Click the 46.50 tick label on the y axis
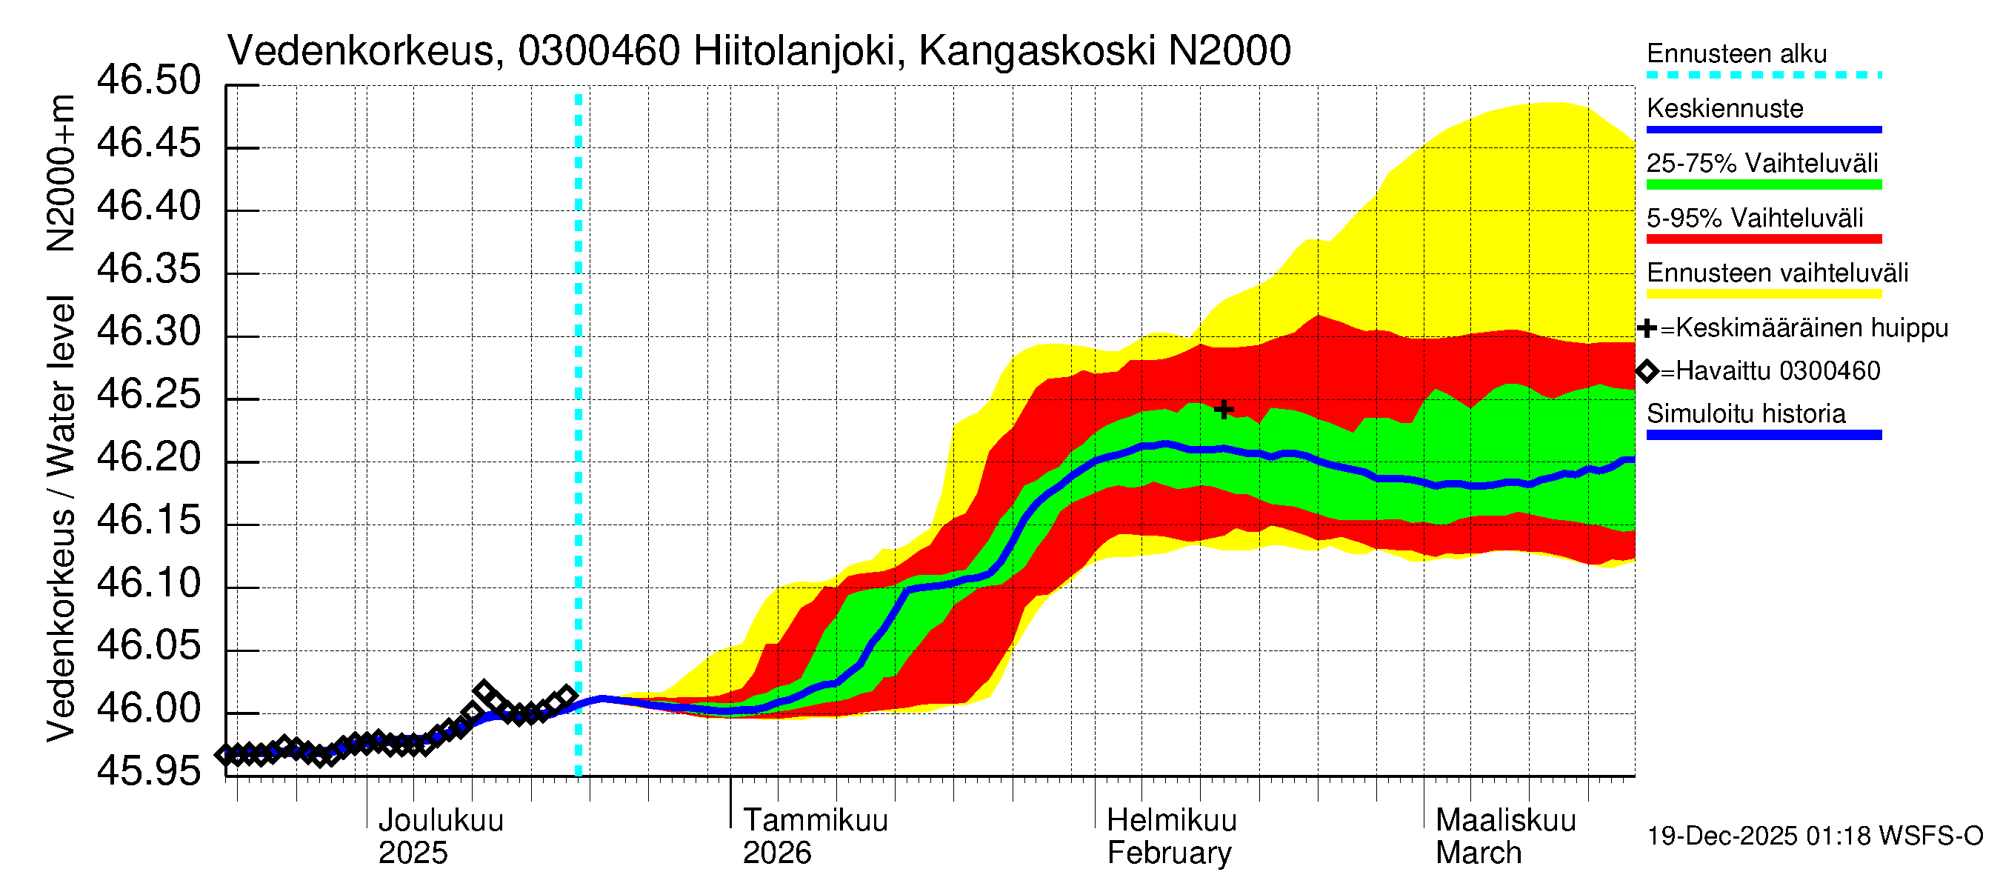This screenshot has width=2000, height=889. pos(148,81)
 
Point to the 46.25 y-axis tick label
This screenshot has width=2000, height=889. pos(148,395)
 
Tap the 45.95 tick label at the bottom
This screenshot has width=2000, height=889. pos(148,772)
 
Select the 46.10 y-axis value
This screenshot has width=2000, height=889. pos(148,584)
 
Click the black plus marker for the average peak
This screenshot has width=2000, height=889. pos(1224,409)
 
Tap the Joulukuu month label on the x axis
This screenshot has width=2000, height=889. pos(440,821)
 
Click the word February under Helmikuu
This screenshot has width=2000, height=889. pos(1168,853)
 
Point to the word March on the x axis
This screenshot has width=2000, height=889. pos(1478,853)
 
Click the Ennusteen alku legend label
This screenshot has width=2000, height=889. pos(1736,53)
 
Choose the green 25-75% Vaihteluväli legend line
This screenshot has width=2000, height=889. pos(1763,184)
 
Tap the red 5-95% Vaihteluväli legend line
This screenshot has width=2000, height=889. pos(1763,239)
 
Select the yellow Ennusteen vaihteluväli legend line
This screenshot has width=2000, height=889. pos(1763,294)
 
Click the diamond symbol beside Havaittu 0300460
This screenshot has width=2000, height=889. pos(1647,371)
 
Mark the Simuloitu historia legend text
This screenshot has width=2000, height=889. pos(1745,414)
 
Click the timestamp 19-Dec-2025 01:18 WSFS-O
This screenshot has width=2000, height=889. pos(1814,836)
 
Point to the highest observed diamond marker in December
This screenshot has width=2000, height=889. pos(484,690)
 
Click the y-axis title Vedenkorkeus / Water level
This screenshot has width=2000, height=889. pos(61,518)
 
